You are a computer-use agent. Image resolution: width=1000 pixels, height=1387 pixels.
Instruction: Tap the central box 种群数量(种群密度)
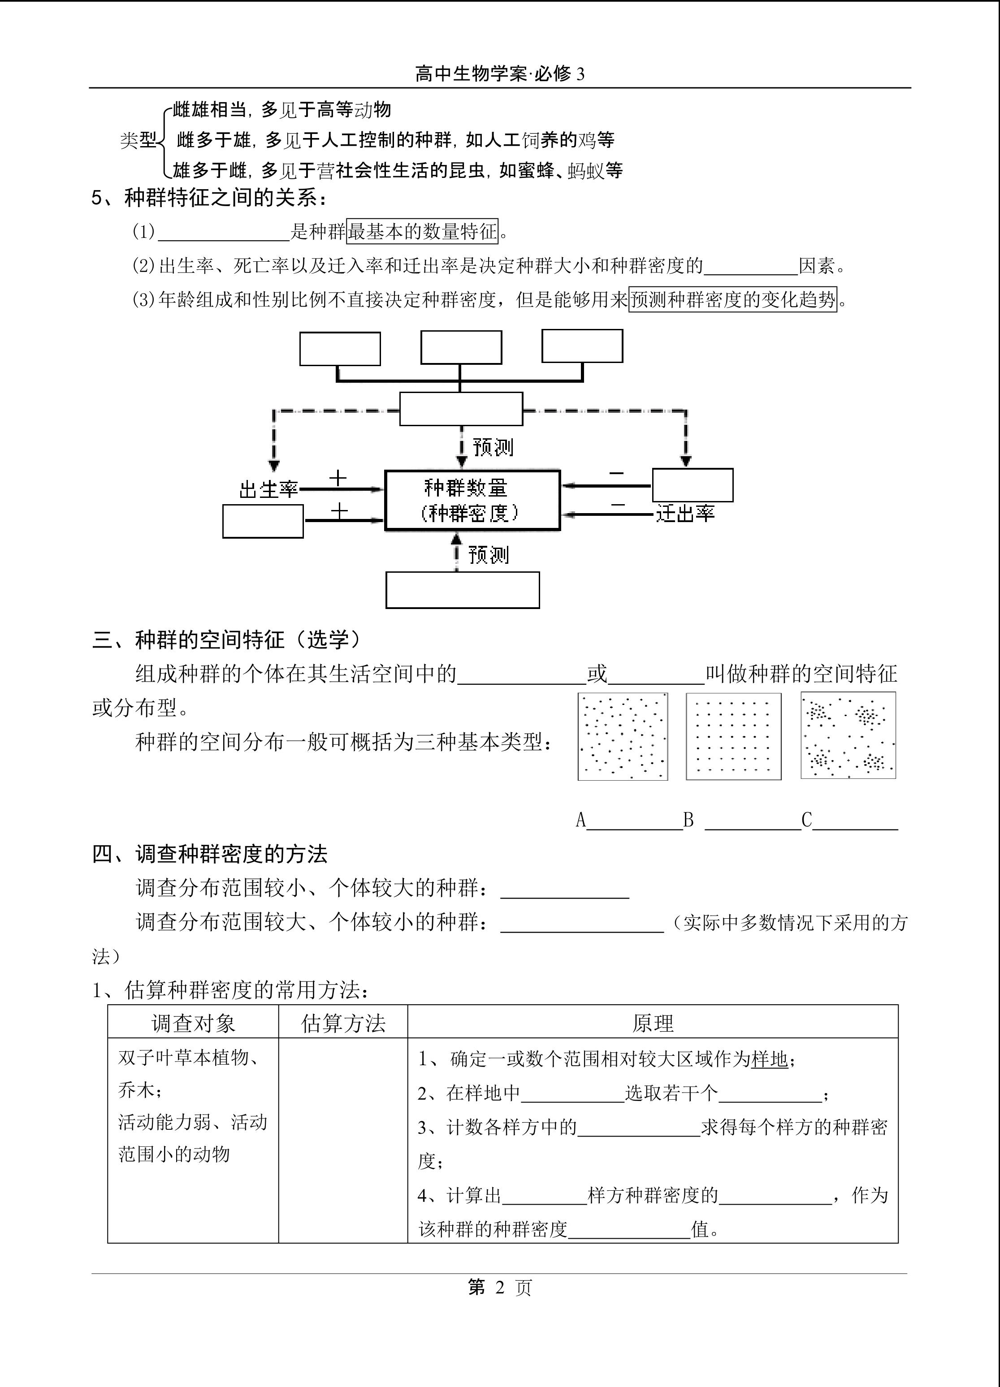coord(472,500)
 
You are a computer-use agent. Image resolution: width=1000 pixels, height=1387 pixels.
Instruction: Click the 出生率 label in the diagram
coord(268,490)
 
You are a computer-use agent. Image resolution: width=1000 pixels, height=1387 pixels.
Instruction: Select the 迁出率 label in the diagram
coord(685,514)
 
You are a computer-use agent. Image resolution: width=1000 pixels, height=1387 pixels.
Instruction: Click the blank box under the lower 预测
coord(463,590)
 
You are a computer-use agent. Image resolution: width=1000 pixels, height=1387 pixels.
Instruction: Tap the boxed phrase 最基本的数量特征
coord(422,232)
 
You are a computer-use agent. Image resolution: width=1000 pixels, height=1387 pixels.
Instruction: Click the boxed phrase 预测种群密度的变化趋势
coord(733,300)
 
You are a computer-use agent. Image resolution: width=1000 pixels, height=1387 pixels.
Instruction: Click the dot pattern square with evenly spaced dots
coord(733,736)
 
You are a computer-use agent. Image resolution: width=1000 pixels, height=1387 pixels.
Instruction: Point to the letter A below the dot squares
coord(581,820)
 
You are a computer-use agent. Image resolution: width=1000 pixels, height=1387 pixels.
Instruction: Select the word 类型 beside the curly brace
coord(138,140)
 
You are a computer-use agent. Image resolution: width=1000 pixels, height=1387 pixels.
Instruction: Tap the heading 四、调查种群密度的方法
coord(210,854)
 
